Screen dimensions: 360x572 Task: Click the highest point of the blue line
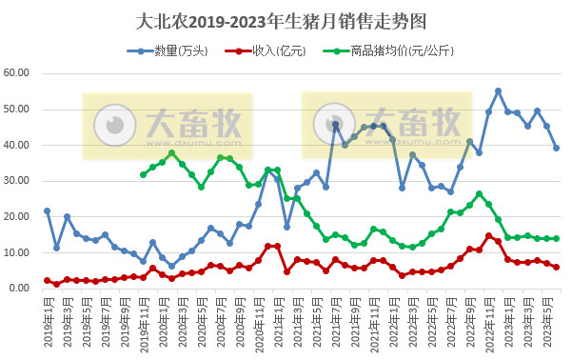[x=498, y=91]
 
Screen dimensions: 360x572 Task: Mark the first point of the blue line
[x=47, y=210]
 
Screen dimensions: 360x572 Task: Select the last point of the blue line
[x=557, y=148]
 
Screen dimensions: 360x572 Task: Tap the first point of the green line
[x=143, y=174]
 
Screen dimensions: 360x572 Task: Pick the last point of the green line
[x=557, y=238]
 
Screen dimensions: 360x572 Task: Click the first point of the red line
[x=47, y=280]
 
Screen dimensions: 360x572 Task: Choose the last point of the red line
[x=557, y=268]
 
